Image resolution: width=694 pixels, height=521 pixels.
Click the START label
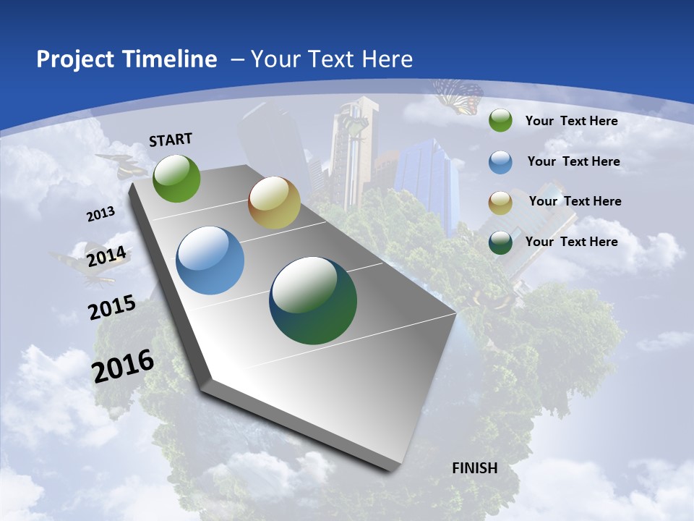tap(171, 140)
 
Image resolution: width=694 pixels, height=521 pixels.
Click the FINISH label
tap(475, 468)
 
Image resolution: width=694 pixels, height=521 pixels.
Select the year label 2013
tap(100, 214)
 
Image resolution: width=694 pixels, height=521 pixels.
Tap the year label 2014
tap(106, 256)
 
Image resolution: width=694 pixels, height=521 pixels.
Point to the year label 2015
tap(112, 308)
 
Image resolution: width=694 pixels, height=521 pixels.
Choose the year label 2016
tap(124, 366)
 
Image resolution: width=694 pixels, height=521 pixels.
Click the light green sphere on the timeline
tap(176, 178)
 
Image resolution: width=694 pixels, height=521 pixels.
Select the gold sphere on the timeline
tap(274, 203)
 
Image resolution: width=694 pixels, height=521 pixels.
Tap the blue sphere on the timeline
tap(210, 260)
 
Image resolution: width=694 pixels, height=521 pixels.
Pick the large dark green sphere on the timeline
tap(313, 300)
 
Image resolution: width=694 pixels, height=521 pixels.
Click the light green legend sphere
tap(500, 121)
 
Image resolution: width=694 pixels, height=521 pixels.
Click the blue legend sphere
tap(500, 162)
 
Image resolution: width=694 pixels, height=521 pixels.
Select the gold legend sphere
tap(500, 202)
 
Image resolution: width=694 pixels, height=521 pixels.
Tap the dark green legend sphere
tap(500, 242)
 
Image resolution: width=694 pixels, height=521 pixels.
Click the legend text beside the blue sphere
tap(573, 161)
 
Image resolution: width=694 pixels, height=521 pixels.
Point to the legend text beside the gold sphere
tap(575, 201)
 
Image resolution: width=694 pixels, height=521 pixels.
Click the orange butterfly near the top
tap(458, 96)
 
